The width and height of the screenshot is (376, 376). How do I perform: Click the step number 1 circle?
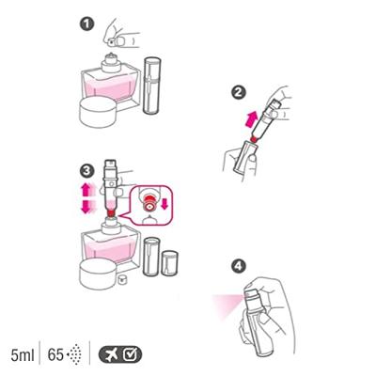point(86,24)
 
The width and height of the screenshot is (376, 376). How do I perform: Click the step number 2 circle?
point(238,92)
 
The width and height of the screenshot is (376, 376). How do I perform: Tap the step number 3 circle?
point(86,171)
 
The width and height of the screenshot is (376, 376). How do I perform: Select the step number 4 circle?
point(238,267)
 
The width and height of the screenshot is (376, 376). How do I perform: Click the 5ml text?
point(23,355)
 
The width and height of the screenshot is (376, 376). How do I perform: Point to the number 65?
point(55,355)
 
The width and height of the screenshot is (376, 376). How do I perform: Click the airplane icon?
point(111,355)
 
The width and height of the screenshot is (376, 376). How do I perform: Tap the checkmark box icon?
point(130,354)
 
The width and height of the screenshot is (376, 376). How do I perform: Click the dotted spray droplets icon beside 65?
point(74,354)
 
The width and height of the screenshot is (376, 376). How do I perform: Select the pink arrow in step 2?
point(251,120)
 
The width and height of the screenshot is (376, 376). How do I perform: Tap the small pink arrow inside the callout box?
point(164,204)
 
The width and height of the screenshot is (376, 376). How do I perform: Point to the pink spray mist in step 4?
point(227,305)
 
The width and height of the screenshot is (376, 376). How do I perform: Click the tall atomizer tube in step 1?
point(152,86)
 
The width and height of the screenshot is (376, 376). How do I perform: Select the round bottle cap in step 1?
point(99,111)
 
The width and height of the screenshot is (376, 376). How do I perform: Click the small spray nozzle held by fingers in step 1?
point(112,41)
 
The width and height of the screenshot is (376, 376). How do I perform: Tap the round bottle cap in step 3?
point(99,274)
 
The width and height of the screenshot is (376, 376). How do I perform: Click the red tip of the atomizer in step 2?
point(255,138)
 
